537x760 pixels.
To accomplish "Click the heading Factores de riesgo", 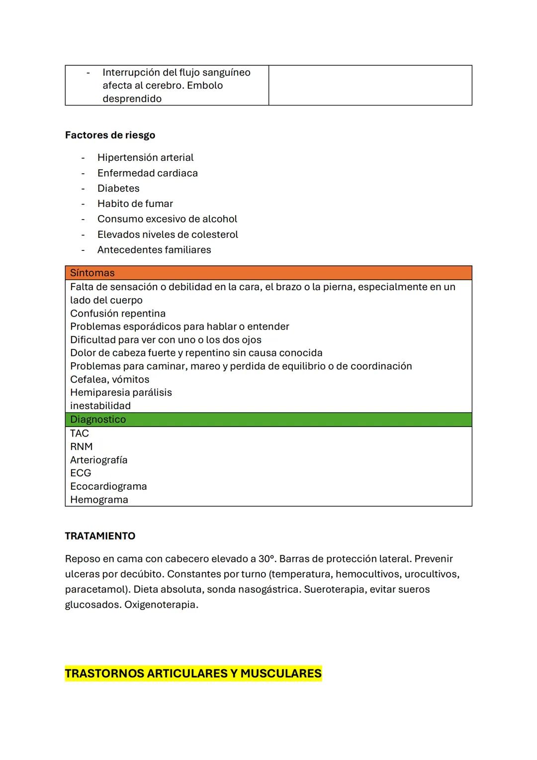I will [x=110, y=135].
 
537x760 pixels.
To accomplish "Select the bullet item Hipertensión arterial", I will [x=145, y=158].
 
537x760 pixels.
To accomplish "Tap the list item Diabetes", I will [x=118, y=189].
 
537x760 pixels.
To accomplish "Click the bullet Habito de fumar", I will [x=135, y=204].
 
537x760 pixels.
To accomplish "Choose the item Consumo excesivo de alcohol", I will [x=167, y=219].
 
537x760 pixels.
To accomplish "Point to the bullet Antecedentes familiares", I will [x=154, y=250].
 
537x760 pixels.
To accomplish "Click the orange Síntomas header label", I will [x=92, y=273].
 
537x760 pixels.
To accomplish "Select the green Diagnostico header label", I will [x=98, y=420].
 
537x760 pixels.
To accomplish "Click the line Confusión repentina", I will [x=118, y=314].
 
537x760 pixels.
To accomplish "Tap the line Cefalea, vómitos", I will [x=109, y=380].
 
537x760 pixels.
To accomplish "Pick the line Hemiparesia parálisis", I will [x=121, y=393].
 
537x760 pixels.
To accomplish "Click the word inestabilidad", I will [x=100, y=406].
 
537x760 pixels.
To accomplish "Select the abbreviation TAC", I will [x=80, y=434].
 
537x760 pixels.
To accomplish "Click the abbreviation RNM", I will [x=82, y=447].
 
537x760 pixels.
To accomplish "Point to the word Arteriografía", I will [x=98, y=460].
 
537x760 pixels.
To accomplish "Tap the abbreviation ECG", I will [x=81, y=473].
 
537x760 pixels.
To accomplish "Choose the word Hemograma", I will [x=99, y=500].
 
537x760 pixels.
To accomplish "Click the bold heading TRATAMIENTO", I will [x=100, y=537].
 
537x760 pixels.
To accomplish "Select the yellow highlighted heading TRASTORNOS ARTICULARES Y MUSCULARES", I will [x=193, y=674].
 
